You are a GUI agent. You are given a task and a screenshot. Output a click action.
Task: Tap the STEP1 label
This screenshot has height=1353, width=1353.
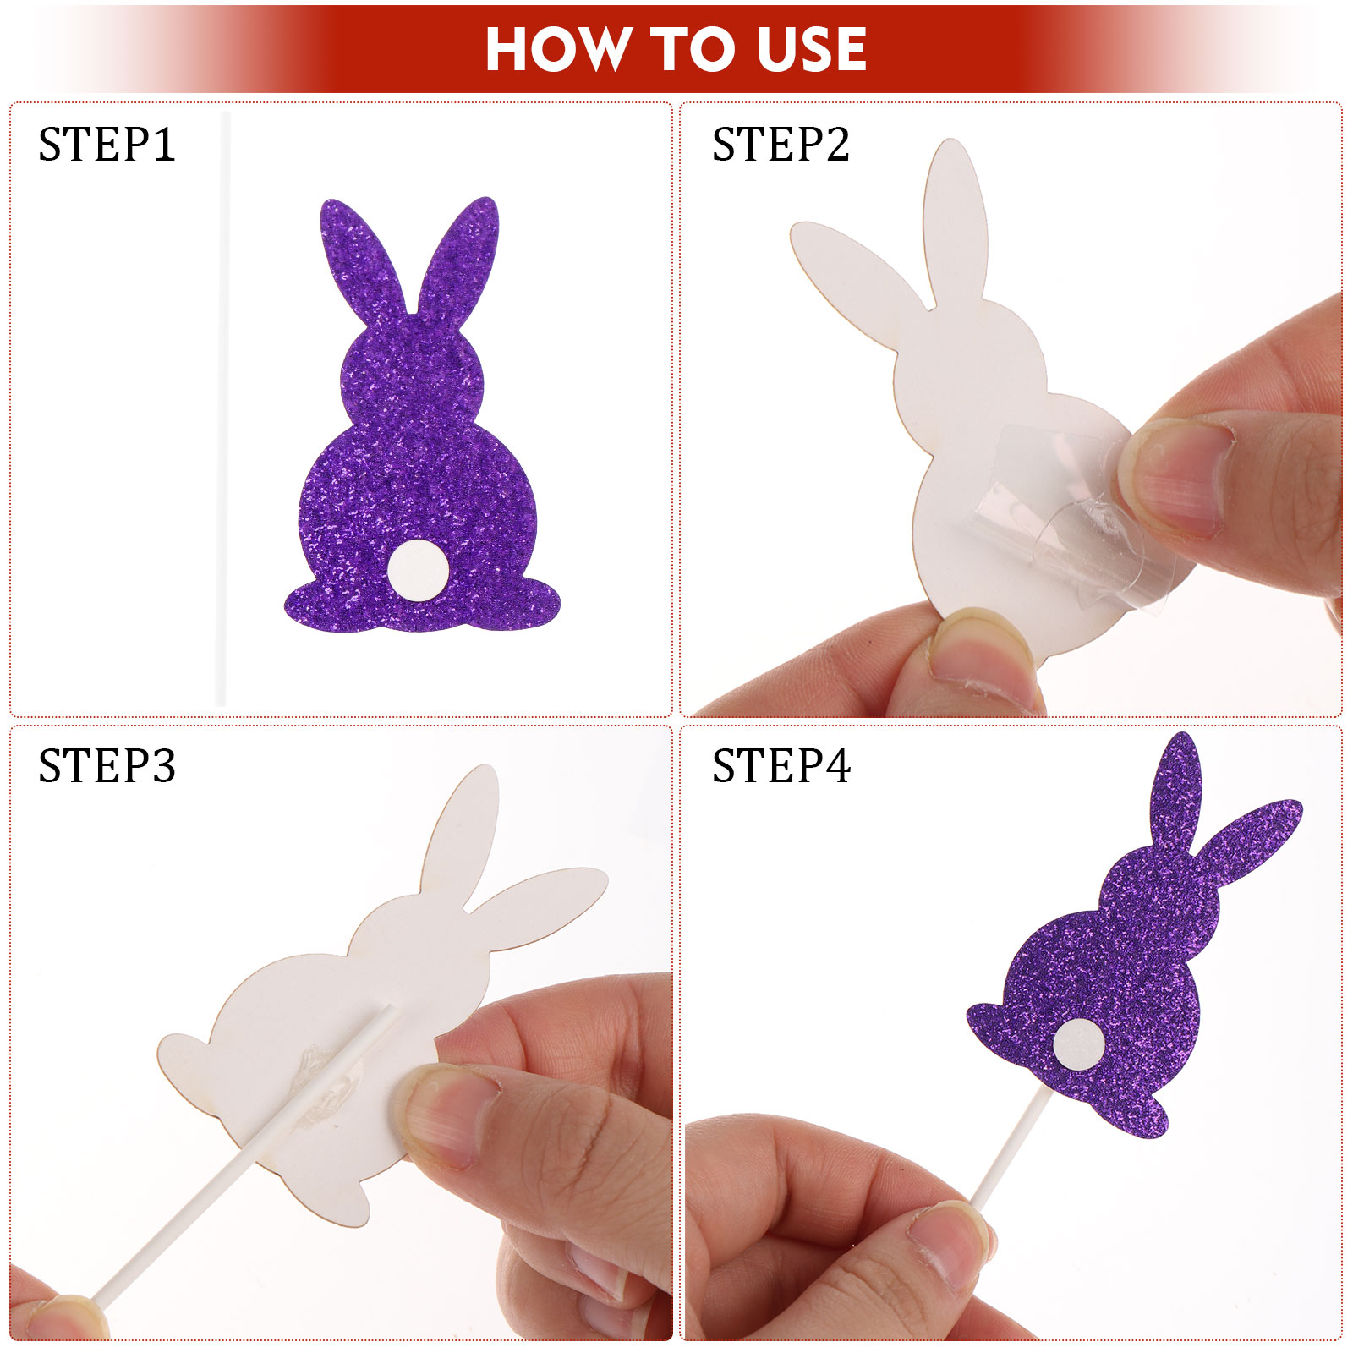(107, 145)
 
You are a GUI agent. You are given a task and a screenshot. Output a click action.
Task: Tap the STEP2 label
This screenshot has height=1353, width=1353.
(781, 145)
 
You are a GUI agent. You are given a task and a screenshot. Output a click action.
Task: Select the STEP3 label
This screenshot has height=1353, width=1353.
(107, 766)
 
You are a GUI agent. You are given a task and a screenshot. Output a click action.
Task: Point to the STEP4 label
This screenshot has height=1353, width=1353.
(781, 766)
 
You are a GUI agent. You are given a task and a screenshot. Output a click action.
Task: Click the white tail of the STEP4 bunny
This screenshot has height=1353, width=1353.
(1079, 1044)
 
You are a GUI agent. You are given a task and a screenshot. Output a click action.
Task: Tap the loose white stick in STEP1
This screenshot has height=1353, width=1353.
(223, 408)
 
